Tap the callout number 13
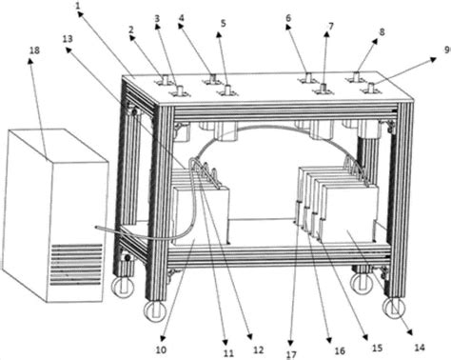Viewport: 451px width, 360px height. click(67, 38)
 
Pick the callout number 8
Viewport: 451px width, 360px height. click(382, 32)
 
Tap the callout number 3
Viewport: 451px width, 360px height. click(157, 18)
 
